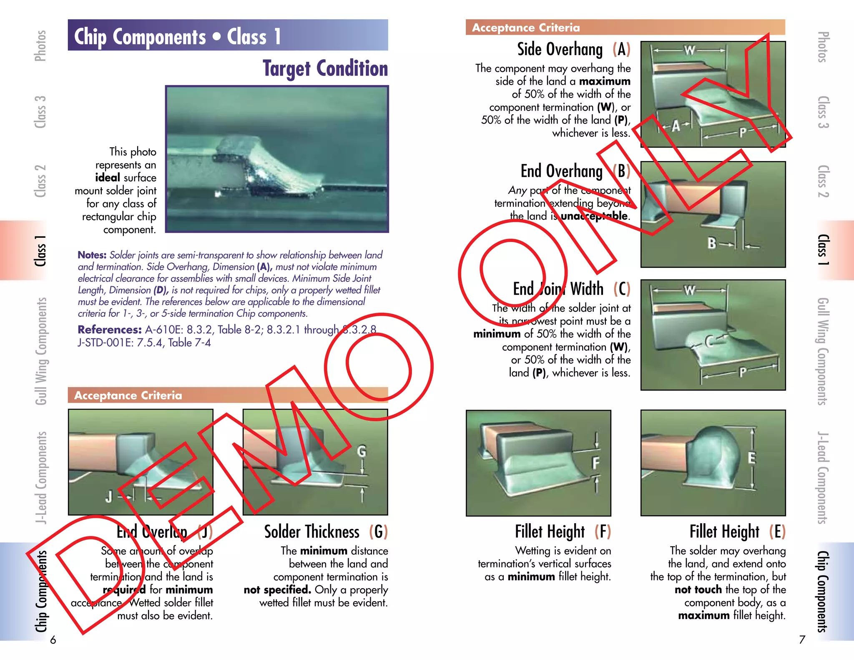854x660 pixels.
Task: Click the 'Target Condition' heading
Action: [325, 68]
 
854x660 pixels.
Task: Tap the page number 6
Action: [53, 640]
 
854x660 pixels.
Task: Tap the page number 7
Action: [802, 640]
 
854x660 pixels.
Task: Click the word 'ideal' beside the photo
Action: [107, 178]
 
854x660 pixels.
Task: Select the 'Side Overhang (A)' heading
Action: [573, 50]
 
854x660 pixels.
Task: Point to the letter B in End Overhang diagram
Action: [712, 243]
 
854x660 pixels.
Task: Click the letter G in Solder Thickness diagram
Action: [362, 451]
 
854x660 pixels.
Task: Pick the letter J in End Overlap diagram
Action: [109, 496]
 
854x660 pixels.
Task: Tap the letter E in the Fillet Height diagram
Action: [751, 458]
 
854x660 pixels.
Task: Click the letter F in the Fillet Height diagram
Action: [596, 463]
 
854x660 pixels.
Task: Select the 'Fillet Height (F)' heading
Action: [563, 532]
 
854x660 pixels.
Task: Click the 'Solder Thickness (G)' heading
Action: [326, 532]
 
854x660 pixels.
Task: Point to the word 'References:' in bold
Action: [110, 330]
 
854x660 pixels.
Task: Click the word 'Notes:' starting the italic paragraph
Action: [92, 255]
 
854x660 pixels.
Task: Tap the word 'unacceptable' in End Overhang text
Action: [594, 216]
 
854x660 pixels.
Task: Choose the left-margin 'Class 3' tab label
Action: [40, 112]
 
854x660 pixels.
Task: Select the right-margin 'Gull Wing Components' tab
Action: [822, 351]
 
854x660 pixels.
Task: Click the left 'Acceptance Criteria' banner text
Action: [128, 395]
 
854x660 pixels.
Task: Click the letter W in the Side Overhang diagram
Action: [689, 50]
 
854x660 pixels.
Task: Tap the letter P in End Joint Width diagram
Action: [742, 372]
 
